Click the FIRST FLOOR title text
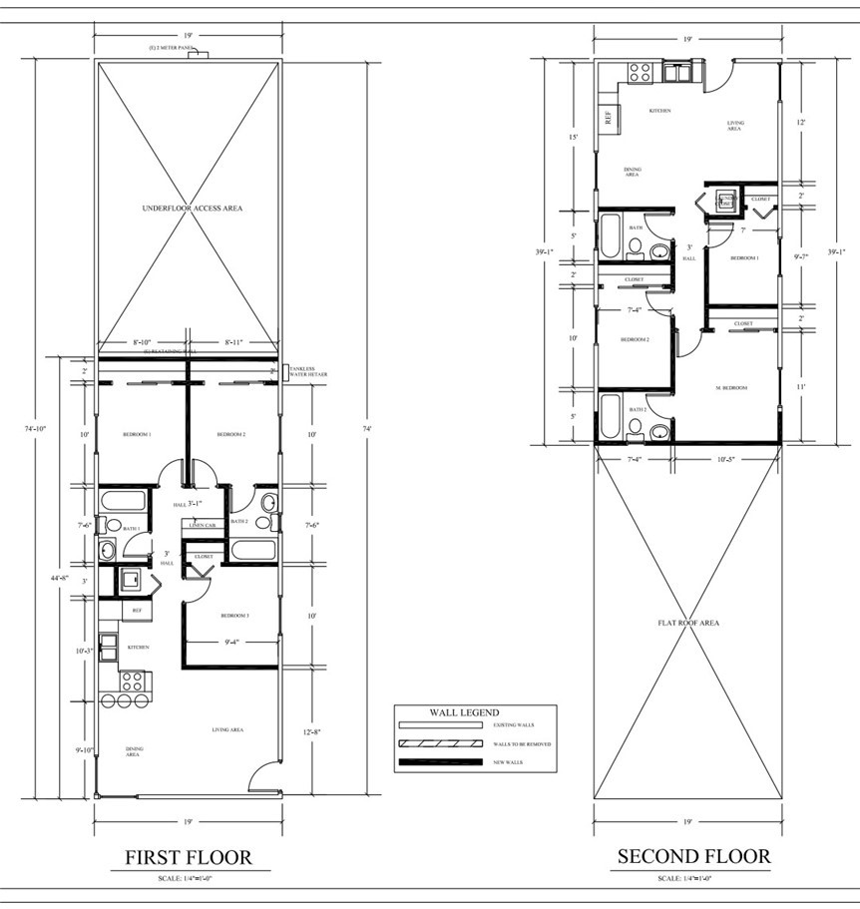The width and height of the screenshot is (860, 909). (188, 857)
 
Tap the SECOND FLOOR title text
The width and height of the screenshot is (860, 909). (693, 856)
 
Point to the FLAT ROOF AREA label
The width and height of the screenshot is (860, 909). (688, 623)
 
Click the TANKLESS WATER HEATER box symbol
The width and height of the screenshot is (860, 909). (285, 371)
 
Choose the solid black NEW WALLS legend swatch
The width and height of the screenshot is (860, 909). (439, 762)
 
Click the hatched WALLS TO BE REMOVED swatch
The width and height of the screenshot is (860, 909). (439, 743)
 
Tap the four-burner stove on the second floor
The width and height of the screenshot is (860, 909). (640, 72)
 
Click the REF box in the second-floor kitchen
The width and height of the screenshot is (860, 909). (608, 116)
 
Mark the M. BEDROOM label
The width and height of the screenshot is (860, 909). (731, 387)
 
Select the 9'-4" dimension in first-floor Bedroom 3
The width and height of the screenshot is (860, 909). (235, 642)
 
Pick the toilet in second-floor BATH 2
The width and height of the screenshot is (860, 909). (658, 431)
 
